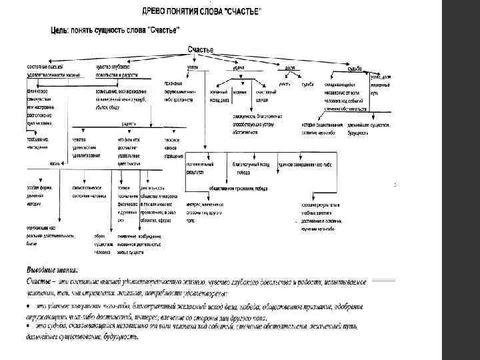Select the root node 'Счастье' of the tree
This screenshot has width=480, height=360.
tap(200, 50)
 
